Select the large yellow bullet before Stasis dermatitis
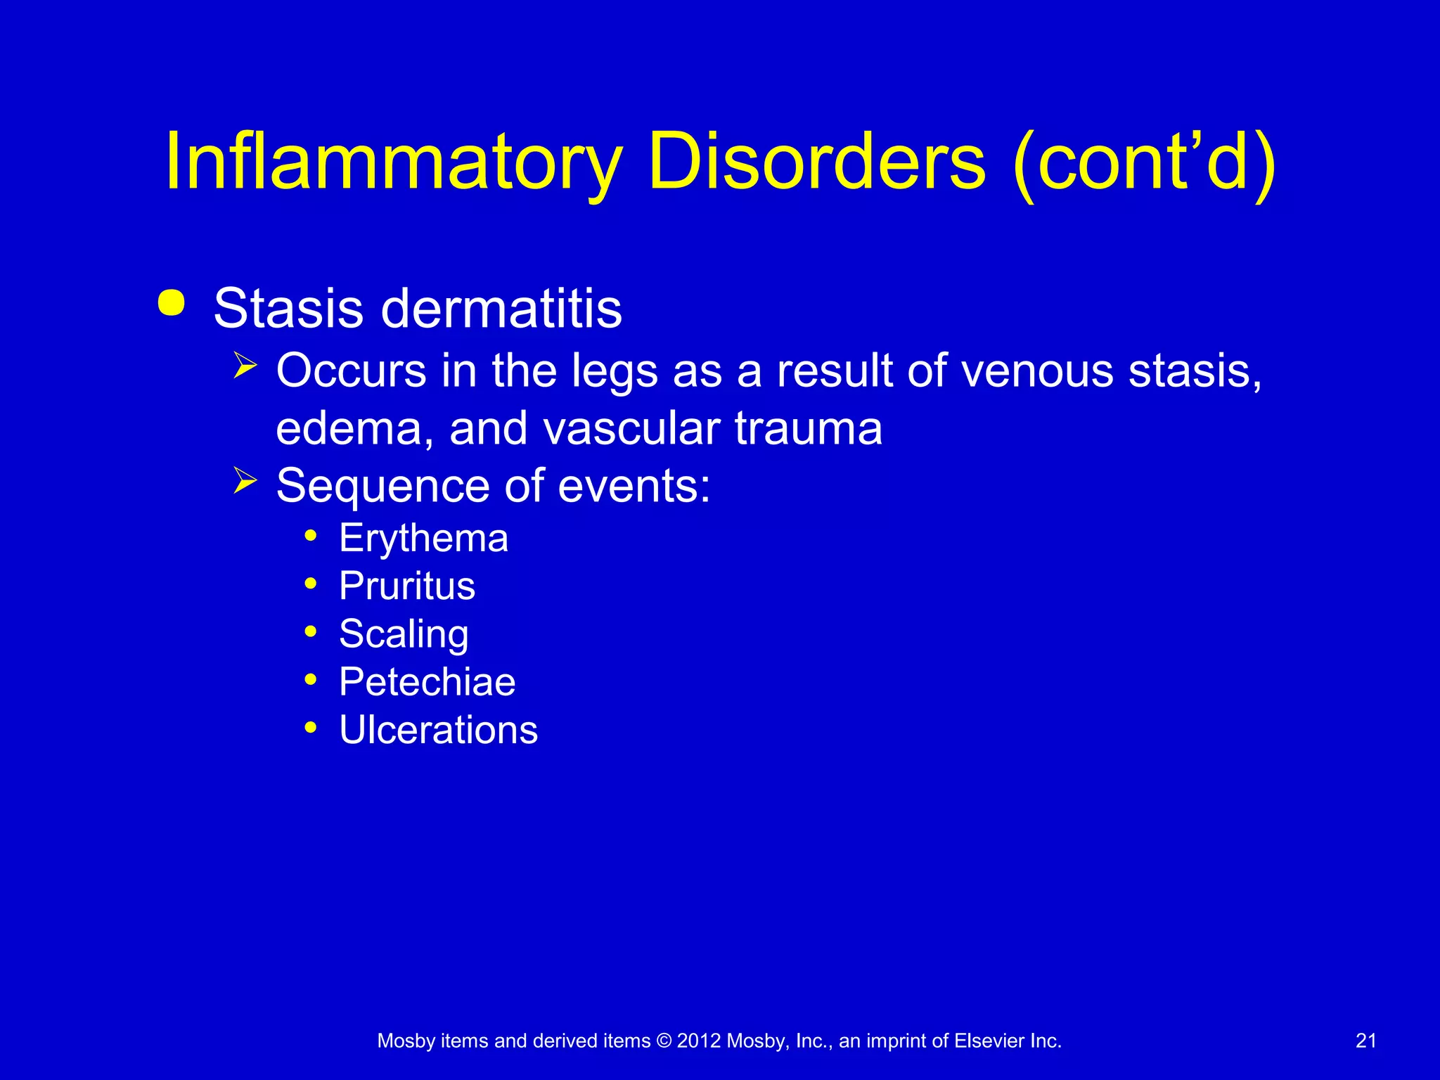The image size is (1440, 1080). tap(172, 303)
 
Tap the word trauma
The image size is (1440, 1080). tap(809, 428)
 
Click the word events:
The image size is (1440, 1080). tap(634, 486)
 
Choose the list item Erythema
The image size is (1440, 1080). tap(423, 539)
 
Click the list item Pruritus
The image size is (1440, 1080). tap(406, 586)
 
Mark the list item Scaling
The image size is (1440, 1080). tap(404, 634)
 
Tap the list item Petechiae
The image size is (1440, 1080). tap(427, 682)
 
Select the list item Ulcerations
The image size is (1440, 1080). tap(438, 730)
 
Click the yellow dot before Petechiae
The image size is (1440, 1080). tap(311, 680)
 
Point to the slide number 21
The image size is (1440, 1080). tap(1365, 1041)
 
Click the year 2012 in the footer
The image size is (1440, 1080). tap(698, 1041)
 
